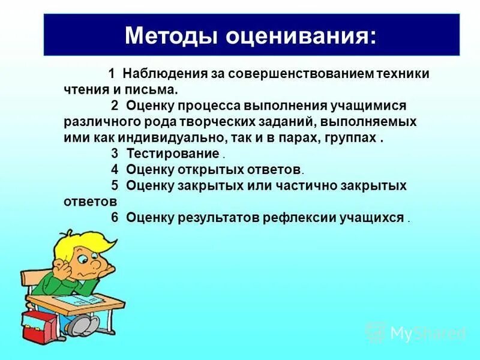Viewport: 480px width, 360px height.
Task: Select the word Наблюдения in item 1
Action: [x=165, y=74]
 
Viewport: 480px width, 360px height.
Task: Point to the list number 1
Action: [x=112, y=74]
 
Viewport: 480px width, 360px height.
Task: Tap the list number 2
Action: [x=114, y=106]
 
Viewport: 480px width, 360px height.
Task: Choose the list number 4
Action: [x=114, y=169]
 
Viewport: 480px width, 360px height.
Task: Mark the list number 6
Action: [x=114, y=217]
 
